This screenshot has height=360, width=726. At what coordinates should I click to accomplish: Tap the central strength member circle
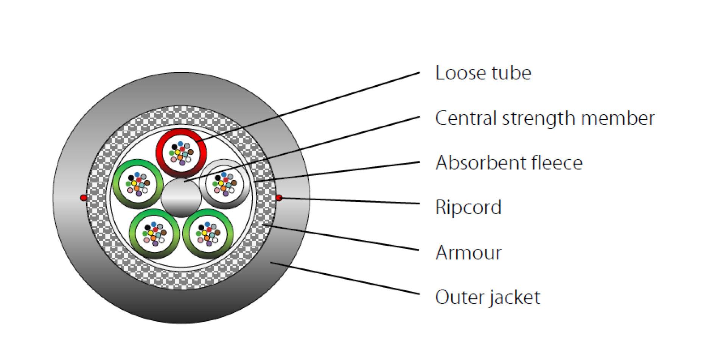(x=181, y=198)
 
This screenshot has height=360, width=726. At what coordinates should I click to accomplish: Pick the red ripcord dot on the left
(x=84, y=198)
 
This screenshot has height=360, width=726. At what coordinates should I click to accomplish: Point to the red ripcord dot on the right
(x=279, y=198)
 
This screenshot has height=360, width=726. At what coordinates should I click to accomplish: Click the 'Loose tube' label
(x=483, y=73)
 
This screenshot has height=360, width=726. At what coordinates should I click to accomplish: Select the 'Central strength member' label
(x=544, y=118)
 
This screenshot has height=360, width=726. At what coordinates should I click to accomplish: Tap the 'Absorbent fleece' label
(x=508, y=163)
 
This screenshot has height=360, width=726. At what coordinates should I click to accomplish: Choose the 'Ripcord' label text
(x=468, y=207)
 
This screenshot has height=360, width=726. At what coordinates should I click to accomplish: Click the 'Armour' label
(x=468, y=252)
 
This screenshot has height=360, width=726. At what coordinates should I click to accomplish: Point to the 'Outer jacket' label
(x=487, y=297)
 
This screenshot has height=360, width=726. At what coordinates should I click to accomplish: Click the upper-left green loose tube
(x=138, y=183)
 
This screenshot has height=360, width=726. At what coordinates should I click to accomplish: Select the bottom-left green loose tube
(x=154, y=234)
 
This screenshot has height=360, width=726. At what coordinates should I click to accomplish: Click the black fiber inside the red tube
(x=174, y=147)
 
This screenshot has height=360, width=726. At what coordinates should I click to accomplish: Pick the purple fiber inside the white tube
(x=226, y=193)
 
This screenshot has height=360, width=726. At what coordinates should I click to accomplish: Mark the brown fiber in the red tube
(x=191, y=152)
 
